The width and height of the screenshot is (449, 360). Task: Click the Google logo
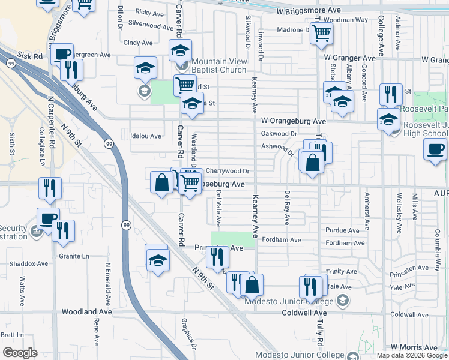[x=20, y=353]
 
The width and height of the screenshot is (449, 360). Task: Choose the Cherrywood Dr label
[x=228, y=171]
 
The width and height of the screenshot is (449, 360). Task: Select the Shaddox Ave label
[x=29, y=263]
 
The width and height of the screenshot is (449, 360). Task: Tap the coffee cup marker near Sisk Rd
[x=62, y=54]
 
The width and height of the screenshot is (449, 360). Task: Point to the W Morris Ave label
[x=414, y=347]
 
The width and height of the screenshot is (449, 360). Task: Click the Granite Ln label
[x=74, y=256]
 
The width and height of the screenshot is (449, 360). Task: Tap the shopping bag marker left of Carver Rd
[x=161, y=182]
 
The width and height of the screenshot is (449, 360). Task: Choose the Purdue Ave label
[x=342, y=230]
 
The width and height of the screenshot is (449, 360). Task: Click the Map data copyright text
[x=411, y=355]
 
